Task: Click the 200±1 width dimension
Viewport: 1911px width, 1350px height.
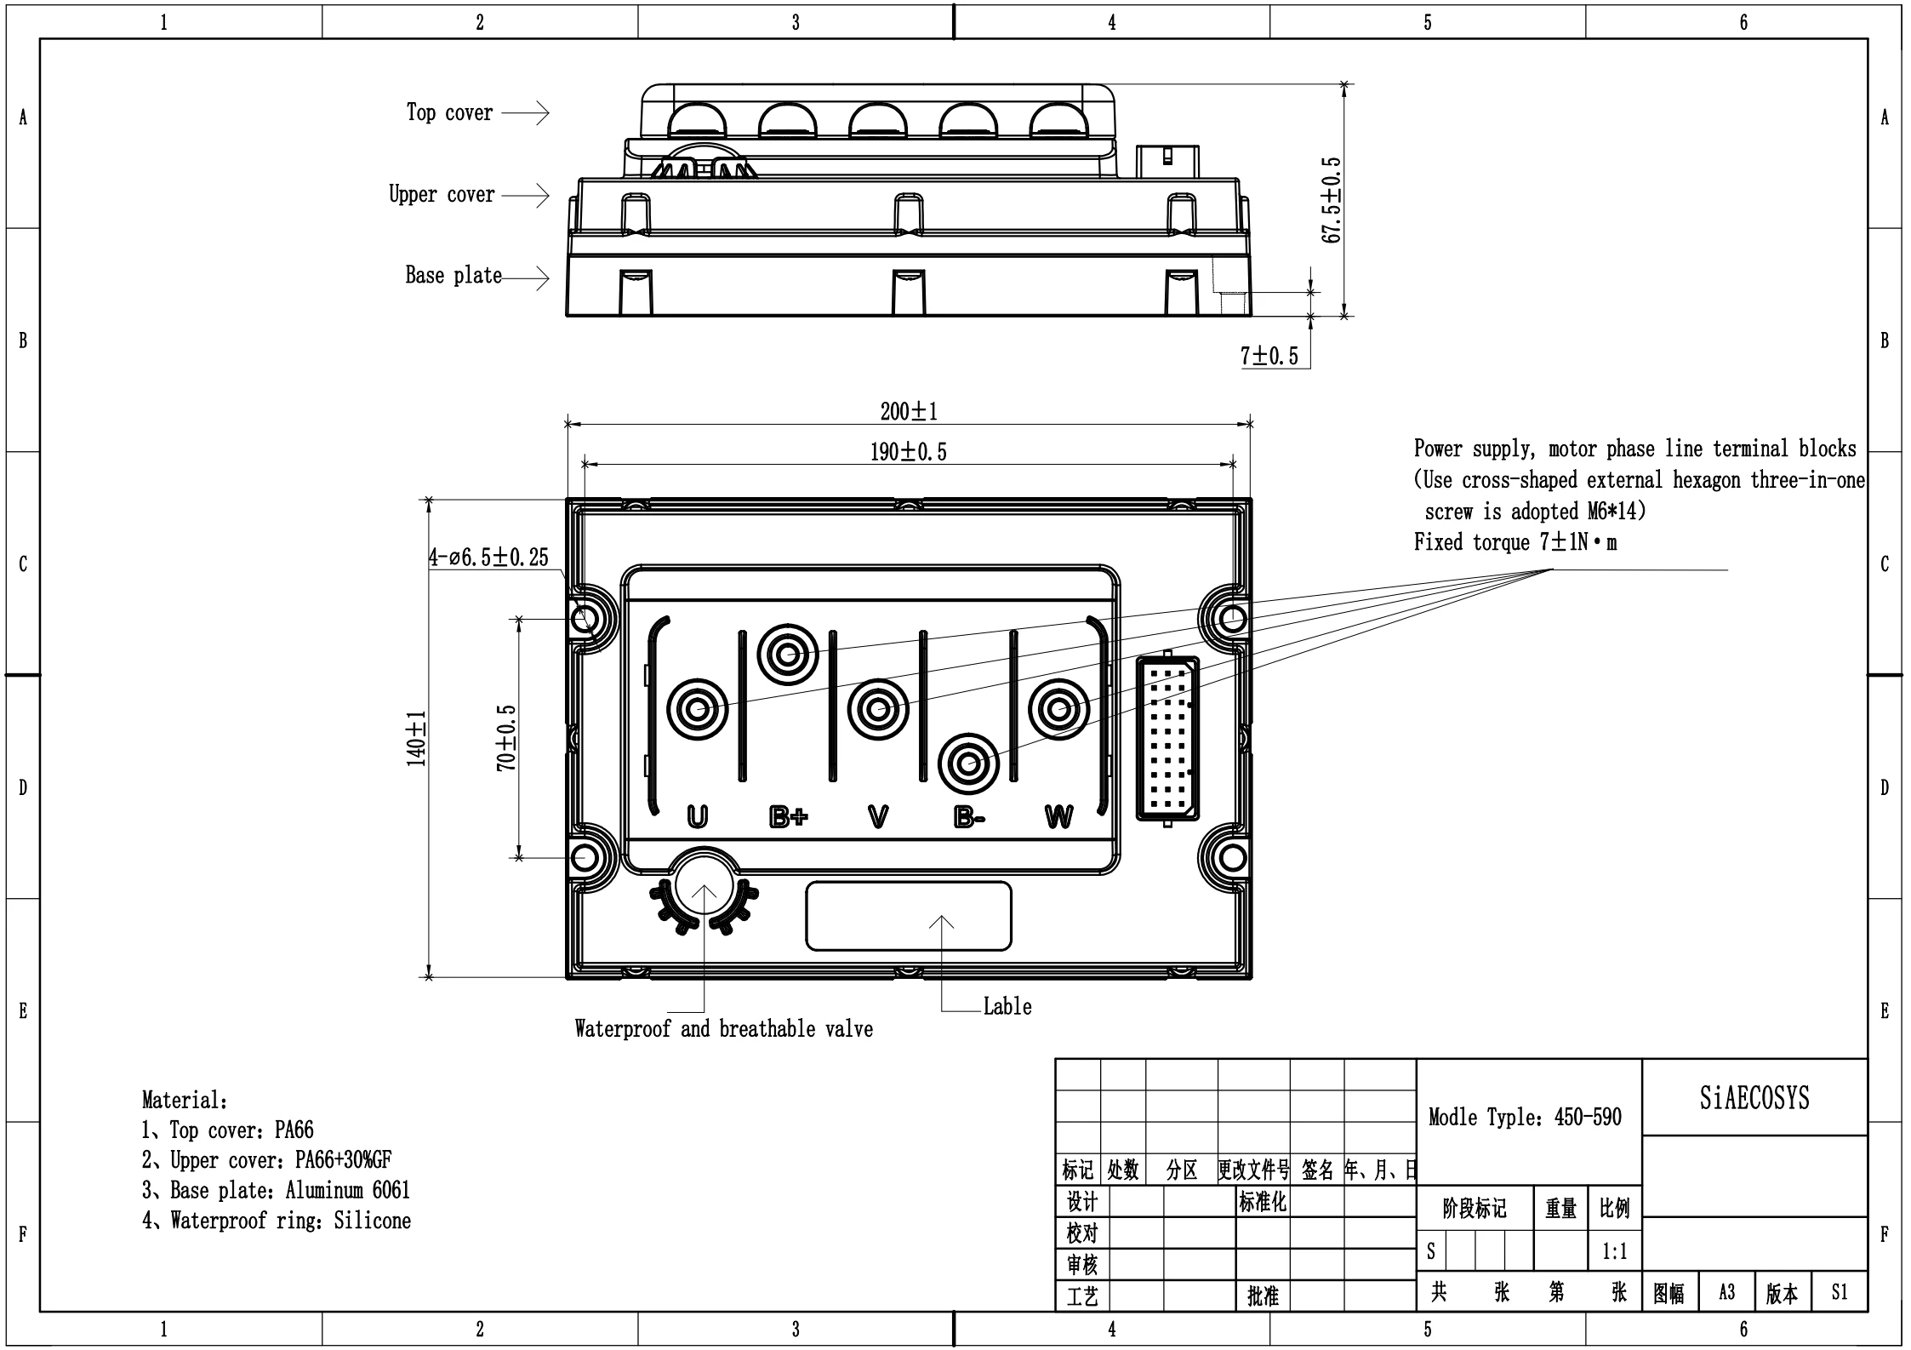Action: [x=909, y=412]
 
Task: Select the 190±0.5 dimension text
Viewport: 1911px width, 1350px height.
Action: [x=908, y=452]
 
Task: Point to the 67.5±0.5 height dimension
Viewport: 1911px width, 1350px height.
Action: [x=1332, y=200]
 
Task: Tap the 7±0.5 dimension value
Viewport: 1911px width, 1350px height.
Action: [x=1269, y=356]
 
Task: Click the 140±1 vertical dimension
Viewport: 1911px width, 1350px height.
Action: [x=416, y=739]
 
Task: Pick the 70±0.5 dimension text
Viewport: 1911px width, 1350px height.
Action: [x=506, y=738]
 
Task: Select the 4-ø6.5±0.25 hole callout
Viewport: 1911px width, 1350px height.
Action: [x=488, y=558]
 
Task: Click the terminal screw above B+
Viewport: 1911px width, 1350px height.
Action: [x=788, y=655]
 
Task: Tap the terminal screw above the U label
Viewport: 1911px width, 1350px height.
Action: [x=697, y=709]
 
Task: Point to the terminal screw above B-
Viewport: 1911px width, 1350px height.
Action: [x=968, y=764]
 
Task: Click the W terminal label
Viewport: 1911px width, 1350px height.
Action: [x=1058, y=817]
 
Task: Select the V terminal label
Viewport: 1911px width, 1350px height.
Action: [x=878, y=817]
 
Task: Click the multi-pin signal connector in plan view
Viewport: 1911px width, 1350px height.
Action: [x=1168, y=738]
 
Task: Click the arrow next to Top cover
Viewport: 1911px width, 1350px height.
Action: [x=525, y=112]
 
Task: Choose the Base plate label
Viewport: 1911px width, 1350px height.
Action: [x=454, y=276]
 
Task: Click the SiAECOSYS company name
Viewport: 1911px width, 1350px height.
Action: [x=1754, y=1099]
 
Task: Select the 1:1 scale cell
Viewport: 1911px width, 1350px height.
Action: [x=1615, y=1251]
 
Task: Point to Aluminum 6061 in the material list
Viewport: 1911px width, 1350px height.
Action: [x=348, y=1190]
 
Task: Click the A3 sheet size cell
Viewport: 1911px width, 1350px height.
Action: [x=1726, y=1293]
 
